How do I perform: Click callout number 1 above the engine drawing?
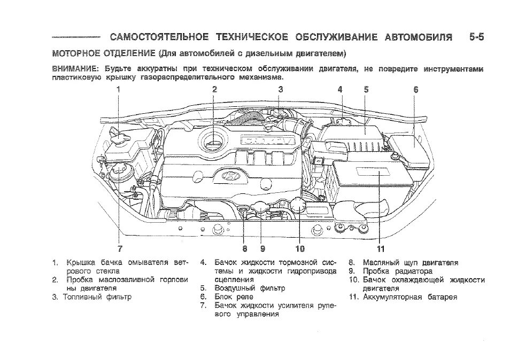(x=119, y=90)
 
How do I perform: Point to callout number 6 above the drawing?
(x=416, y=90)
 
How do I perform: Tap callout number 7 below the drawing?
(x=120, y=248)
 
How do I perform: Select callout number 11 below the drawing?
(x=380, y=248)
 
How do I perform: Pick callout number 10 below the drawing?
(x=300, y=248)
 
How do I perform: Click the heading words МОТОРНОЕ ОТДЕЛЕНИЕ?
(x=104, y=53)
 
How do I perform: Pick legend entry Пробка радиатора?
(x=398, y=271)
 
